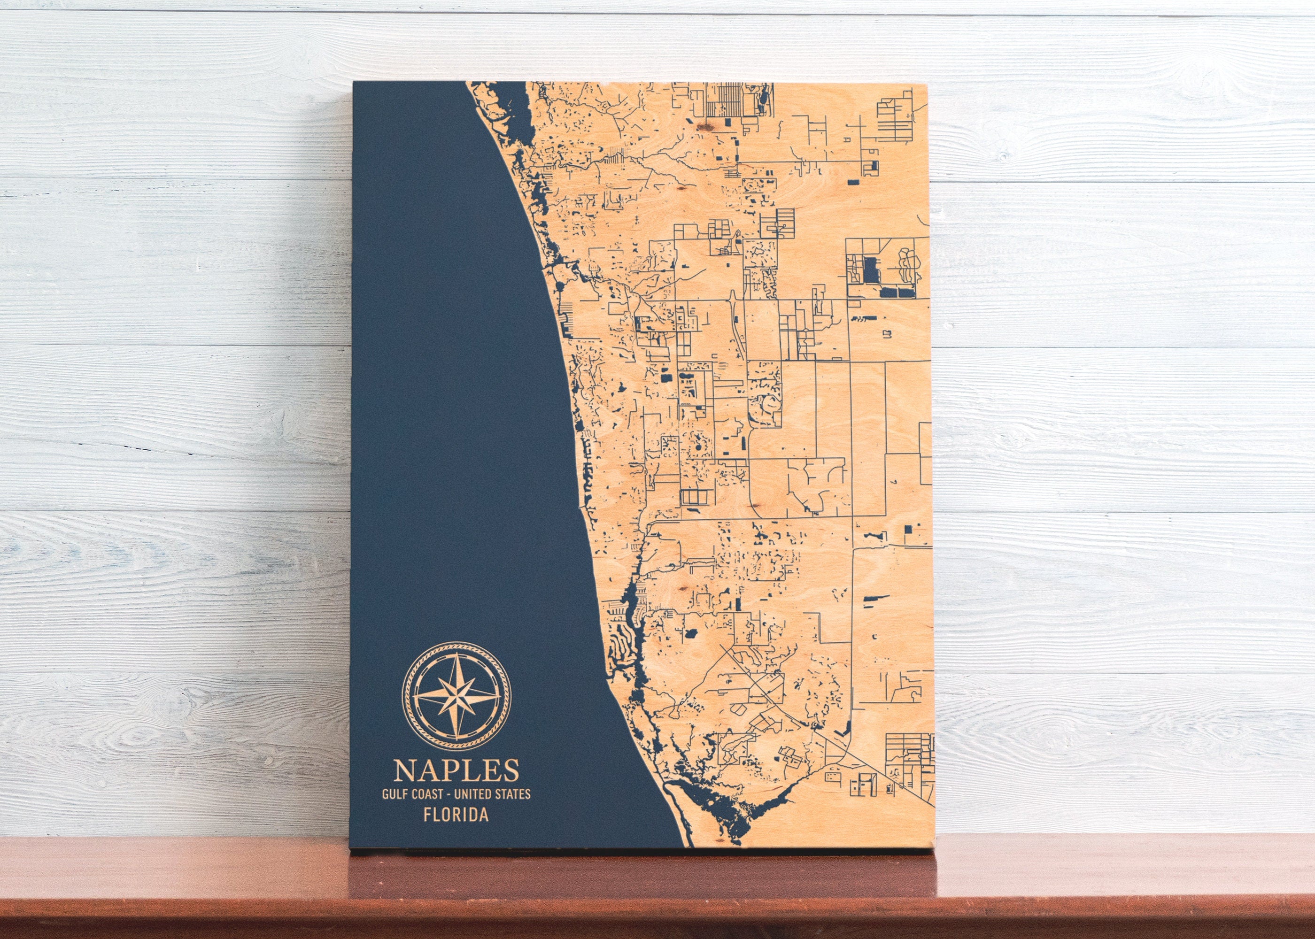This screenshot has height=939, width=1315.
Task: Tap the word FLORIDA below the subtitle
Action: point(456,815)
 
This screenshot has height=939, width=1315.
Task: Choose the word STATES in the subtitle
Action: point(513,794)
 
